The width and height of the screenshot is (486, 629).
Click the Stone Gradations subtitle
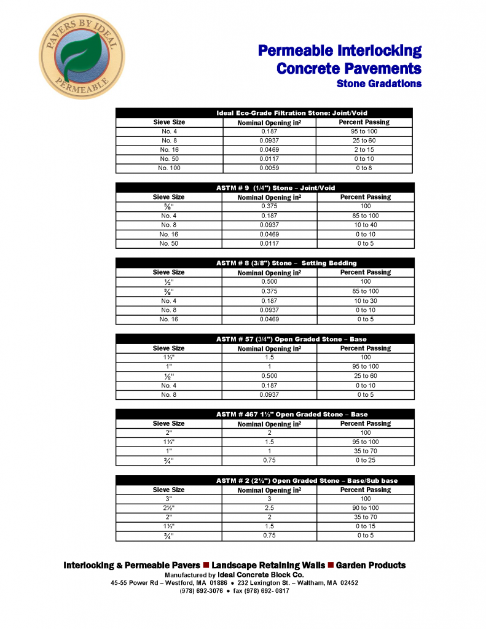pos(378,84)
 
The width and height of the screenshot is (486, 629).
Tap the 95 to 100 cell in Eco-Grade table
pos(364,131)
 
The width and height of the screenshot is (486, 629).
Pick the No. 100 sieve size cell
pos(169,168)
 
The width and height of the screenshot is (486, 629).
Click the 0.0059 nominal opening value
pos(269,168)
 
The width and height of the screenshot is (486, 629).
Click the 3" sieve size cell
pos(169,499)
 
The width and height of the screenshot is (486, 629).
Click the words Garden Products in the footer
pos(370,565)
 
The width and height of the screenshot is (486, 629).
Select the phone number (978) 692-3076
pos(201,591)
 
